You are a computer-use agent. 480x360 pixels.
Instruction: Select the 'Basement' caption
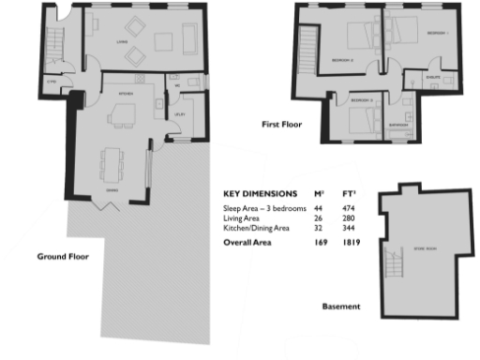(x=341, y=307)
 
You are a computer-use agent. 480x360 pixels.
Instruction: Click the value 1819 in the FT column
(x=352, y=243)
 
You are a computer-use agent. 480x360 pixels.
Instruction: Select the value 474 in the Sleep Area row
(x=351, y=206)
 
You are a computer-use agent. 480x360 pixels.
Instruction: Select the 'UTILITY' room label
(x=180, y=114)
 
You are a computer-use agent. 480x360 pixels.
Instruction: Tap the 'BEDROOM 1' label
(x=437, y=33)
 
